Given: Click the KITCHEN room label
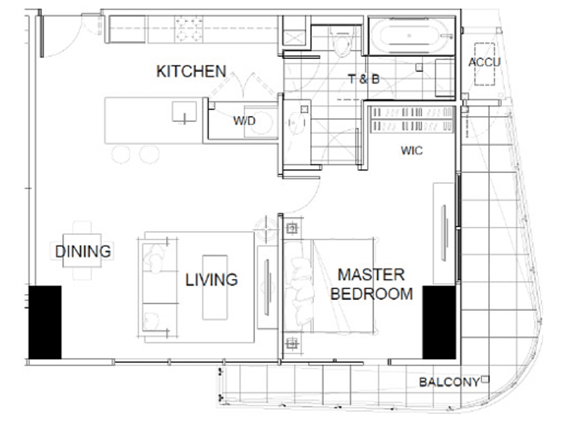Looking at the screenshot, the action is (191, 71).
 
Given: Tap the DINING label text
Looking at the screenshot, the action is (83, 251).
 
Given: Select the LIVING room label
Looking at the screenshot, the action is (211, 279).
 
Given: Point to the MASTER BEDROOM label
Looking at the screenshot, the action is (371, 284).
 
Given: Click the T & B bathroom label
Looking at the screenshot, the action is (364, 79).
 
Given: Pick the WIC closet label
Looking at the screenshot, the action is (412, 151).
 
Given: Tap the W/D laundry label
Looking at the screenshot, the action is (244, 121).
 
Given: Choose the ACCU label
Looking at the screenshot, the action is (484, 62).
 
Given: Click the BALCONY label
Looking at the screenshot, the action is (449, 382).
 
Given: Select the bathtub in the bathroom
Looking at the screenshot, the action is (412, 36).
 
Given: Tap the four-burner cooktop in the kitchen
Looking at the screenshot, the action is (188, 29).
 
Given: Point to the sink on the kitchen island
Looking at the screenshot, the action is (184, 112).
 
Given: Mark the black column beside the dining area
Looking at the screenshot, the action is (45, 322).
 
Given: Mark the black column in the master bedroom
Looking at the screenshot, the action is (439, 322).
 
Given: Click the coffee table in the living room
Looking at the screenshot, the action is (215, 287).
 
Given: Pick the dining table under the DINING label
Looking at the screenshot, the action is (82, 251).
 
